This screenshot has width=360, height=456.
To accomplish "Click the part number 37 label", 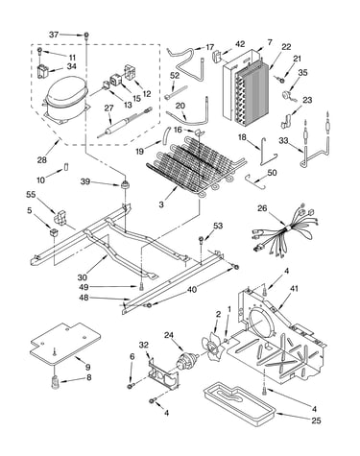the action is tap(54, 34).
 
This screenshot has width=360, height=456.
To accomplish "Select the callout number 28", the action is tap(42, 159).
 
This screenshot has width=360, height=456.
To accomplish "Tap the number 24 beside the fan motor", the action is tap(170, 335).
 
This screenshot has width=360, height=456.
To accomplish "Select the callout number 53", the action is tap(218, 226).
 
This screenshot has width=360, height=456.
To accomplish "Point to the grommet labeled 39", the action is tap(124, 184).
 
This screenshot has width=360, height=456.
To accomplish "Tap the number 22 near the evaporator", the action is tap(286, 47).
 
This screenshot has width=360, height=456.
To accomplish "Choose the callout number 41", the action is tap(294, 288).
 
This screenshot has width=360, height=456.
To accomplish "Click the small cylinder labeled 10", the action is tap(66, 167).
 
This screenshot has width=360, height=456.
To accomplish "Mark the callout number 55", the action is tap(32, 195).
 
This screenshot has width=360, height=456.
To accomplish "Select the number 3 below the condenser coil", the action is tap(161, 204).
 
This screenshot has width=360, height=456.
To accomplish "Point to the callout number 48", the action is tap(84, 298).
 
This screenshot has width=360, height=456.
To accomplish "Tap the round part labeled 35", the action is tap(287, 96).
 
